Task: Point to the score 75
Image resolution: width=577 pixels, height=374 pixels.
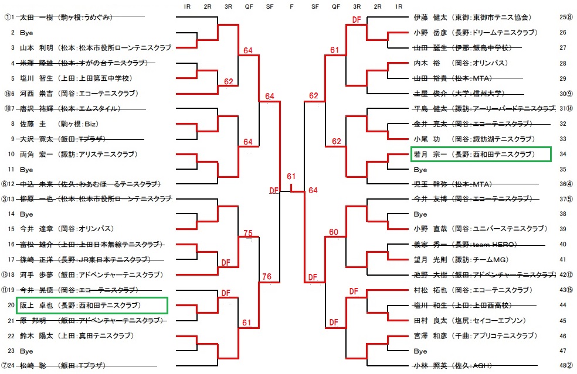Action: [247, 234]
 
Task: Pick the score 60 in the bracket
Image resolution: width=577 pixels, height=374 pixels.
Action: [334, 232]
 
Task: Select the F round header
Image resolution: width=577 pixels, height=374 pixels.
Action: [292, 6]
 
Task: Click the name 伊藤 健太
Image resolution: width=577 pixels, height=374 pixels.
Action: [429, 18]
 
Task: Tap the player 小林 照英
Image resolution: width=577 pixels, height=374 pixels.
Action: [429, 366]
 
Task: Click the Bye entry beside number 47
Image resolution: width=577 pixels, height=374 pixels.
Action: [420, 351]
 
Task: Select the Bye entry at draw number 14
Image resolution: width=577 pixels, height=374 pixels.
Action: [26, 214]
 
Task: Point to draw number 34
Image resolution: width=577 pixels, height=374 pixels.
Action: [562, 155]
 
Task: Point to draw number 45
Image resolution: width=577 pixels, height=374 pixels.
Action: [562, 320]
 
